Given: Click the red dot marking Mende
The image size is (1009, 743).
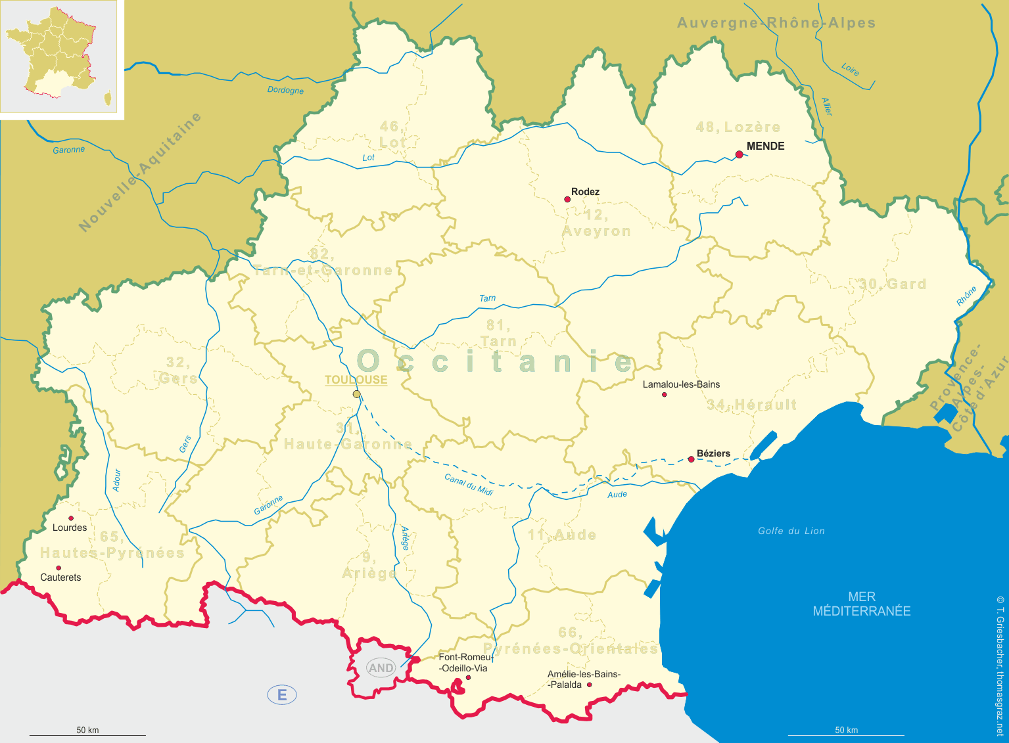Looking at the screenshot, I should click(x=739, y=154).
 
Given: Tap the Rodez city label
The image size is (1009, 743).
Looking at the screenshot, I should click(x=585, y=192).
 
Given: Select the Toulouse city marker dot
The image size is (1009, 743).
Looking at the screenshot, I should click(x=356, y=394).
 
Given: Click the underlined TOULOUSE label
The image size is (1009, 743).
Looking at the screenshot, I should click(x=356, y=380).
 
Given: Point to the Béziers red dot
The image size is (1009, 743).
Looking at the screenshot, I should click(x=691, y=459).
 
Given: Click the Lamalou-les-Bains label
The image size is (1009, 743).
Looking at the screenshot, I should click(x=681, y=384).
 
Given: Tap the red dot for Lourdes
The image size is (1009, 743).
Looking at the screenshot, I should click(x=71, y=518).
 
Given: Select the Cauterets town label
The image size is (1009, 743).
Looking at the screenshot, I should click(x=60, y=577).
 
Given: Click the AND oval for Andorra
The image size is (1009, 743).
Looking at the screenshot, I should click(x=381, y=668).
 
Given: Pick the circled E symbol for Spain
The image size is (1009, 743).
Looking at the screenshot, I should click(x=282, y=694).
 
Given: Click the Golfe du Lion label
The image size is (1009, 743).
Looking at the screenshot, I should click(x=791, y=531).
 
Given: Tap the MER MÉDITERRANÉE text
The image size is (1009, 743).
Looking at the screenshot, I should click(x=861, y=604).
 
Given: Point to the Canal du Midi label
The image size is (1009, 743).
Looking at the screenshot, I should click(x=468, y=484).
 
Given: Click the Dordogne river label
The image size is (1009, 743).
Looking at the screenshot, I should click(x=285, y=90).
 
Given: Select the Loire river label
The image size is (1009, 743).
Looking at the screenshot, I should click(x=850, y=69).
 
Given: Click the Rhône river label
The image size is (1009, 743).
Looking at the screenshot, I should click(x=966, y=296).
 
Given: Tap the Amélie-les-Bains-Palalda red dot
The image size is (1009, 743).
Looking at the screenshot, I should click(x=589, y=685).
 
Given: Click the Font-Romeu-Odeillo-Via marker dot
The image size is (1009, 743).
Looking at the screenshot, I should click(x=468, y=677).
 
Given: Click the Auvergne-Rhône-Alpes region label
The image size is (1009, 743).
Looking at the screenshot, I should click(x=776, y=23).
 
